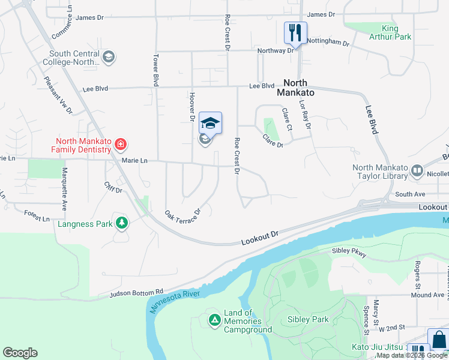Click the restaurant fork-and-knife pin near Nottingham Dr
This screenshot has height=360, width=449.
295,33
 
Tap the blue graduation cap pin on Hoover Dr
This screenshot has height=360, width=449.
210,124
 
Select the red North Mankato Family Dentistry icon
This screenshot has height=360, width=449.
121,144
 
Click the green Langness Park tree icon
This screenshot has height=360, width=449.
122,224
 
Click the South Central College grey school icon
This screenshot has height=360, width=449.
109,58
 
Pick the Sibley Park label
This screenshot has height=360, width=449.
308,319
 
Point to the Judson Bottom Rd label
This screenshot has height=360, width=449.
136,292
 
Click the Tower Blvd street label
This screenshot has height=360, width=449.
155,71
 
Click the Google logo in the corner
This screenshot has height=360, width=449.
20,353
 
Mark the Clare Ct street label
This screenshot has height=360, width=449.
286,120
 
